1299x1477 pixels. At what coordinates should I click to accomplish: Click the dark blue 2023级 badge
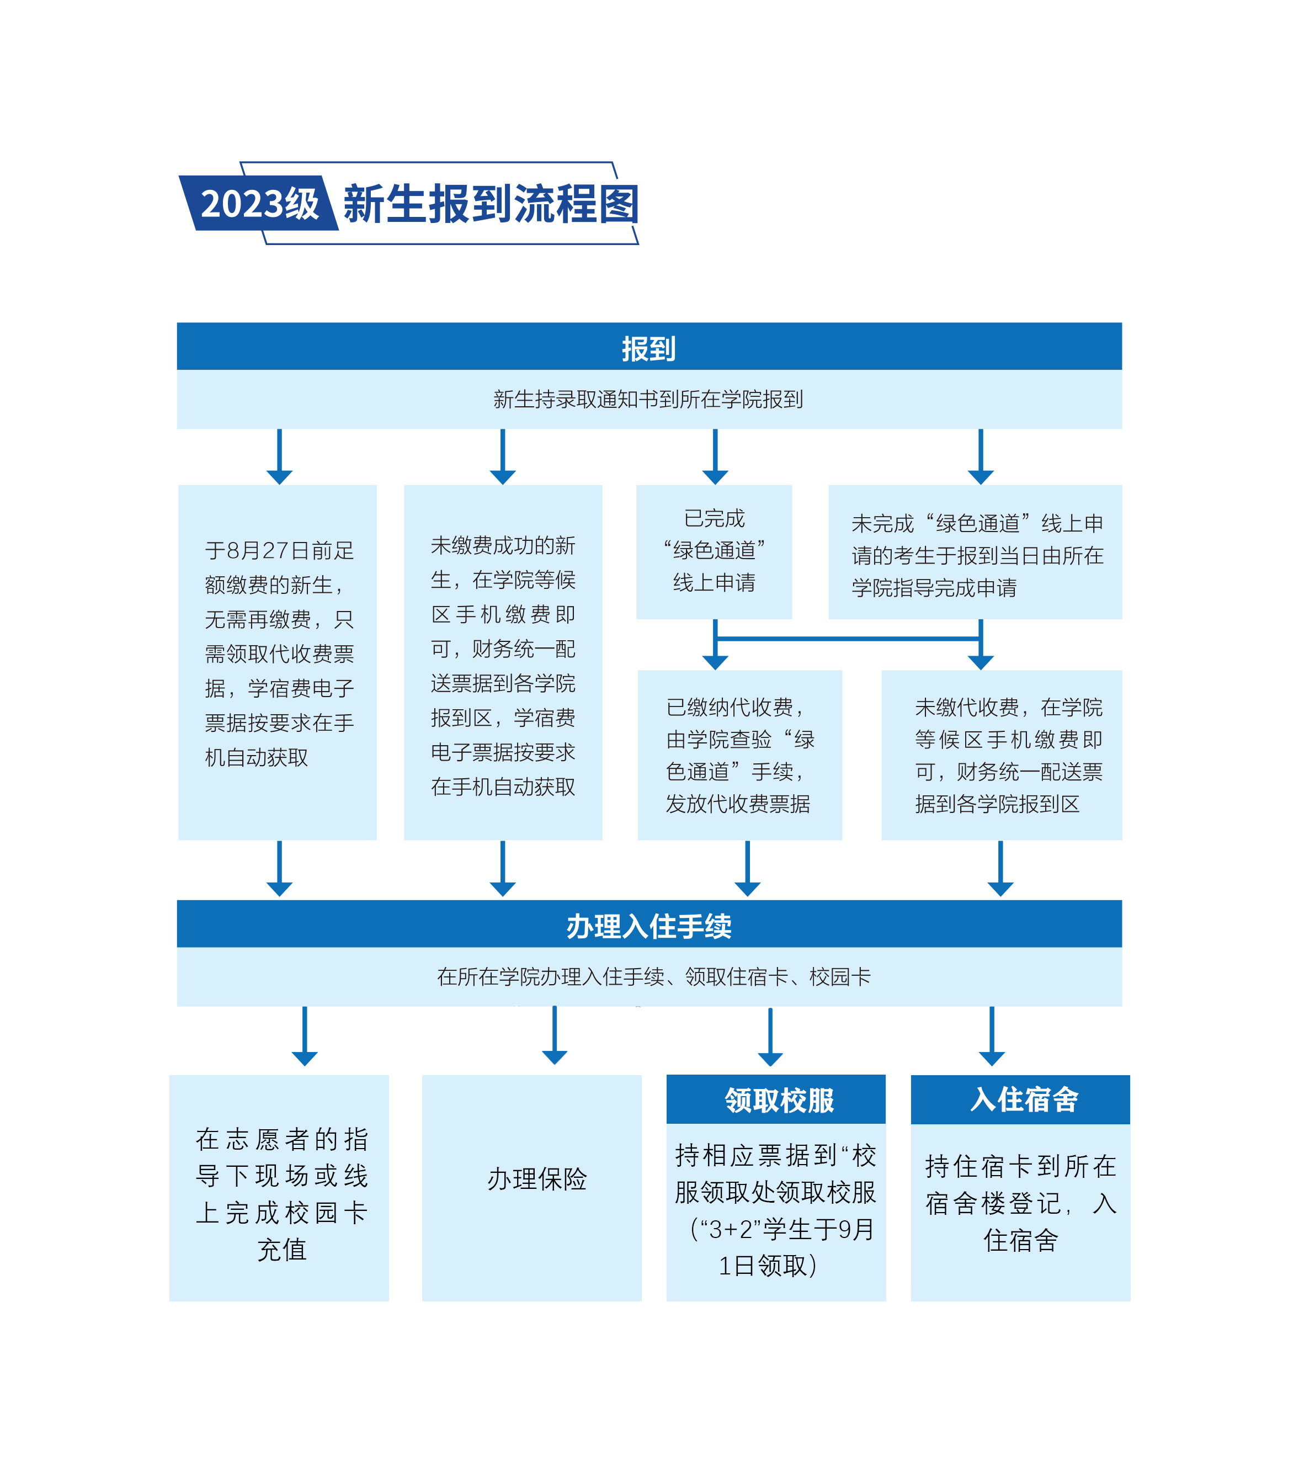click(x=259, y=203)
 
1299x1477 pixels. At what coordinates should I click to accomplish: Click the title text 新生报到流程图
click(x=491, y=204)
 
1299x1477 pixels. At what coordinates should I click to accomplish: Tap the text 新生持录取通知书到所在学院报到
click(x=648, y=400)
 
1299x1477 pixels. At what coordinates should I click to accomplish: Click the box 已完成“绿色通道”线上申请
click(x=714, y=551)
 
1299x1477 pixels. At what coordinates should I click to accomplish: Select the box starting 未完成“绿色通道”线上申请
click(x=975, y=551)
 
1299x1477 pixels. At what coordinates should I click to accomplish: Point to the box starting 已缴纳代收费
click(x=740, y=755)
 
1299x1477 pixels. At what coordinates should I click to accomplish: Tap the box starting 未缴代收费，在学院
click(x=1002, y=755)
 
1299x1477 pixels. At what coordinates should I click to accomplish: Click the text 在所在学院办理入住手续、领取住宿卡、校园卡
click(x=654, y=977)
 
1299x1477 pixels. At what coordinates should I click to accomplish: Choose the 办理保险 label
click(x=537, y=1180)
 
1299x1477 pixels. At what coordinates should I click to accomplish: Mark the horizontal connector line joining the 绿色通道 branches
click(x=848, y=639)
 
